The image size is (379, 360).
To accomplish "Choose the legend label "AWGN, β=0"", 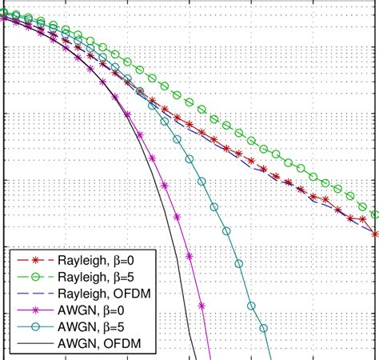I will pyautogui.click(x=94, y=310).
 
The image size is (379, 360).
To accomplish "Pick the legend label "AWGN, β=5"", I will pyautogui.click(x=94, y=327).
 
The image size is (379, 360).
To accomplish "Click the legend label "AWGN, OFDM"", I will pyautogui.click(x=99, y=344).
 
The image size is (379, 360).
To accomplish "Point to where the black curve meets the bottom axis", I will pyautogui.click(x=196, y=358).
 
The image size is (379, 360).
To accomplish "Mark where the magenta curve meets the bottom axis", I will pyautogui.click(x=210, y=358).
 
